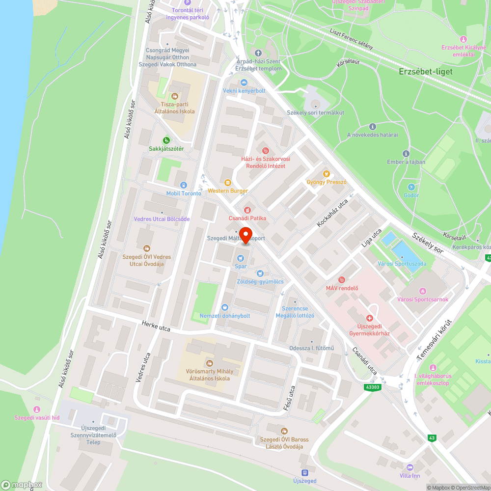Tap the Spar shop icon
coord(241,257)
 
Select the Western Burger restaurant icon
coord(227,182)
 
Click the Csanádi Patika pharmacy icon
coord(247,210)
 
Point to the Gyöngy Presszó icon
coord(326,173)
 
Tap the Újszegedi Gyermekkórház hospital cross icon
coord(369,319)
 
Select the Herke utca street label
coord(156,326)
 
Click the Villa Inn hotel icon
coord(409,467)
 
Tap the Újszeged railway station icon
coord(304,473)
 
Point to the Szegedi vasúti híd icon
coord(36,409)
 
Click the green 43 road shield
coord(432,437)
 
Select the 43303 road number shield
coord(373,387)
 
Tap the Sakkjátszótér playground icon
coord(166,140)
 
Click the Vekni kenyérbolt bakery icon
coord(244,82)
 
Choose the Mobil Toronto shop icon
coord(184,185)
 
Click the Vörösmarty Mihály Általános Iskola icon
coord(210,363)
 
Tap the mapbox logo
coord(22,485)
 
